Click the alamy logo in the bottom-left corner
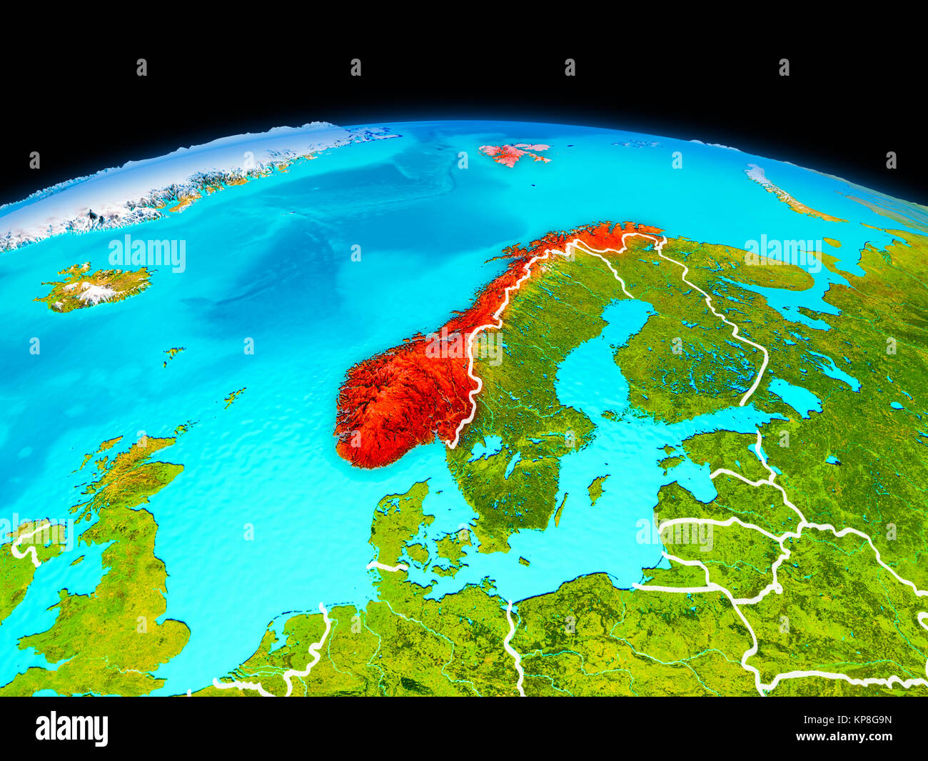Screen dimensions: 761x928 (71, 728)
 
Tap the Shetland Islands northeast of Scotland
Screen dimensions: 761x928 (234, 397)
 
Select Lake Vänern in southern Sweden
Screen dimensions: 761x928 (488, 448)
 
